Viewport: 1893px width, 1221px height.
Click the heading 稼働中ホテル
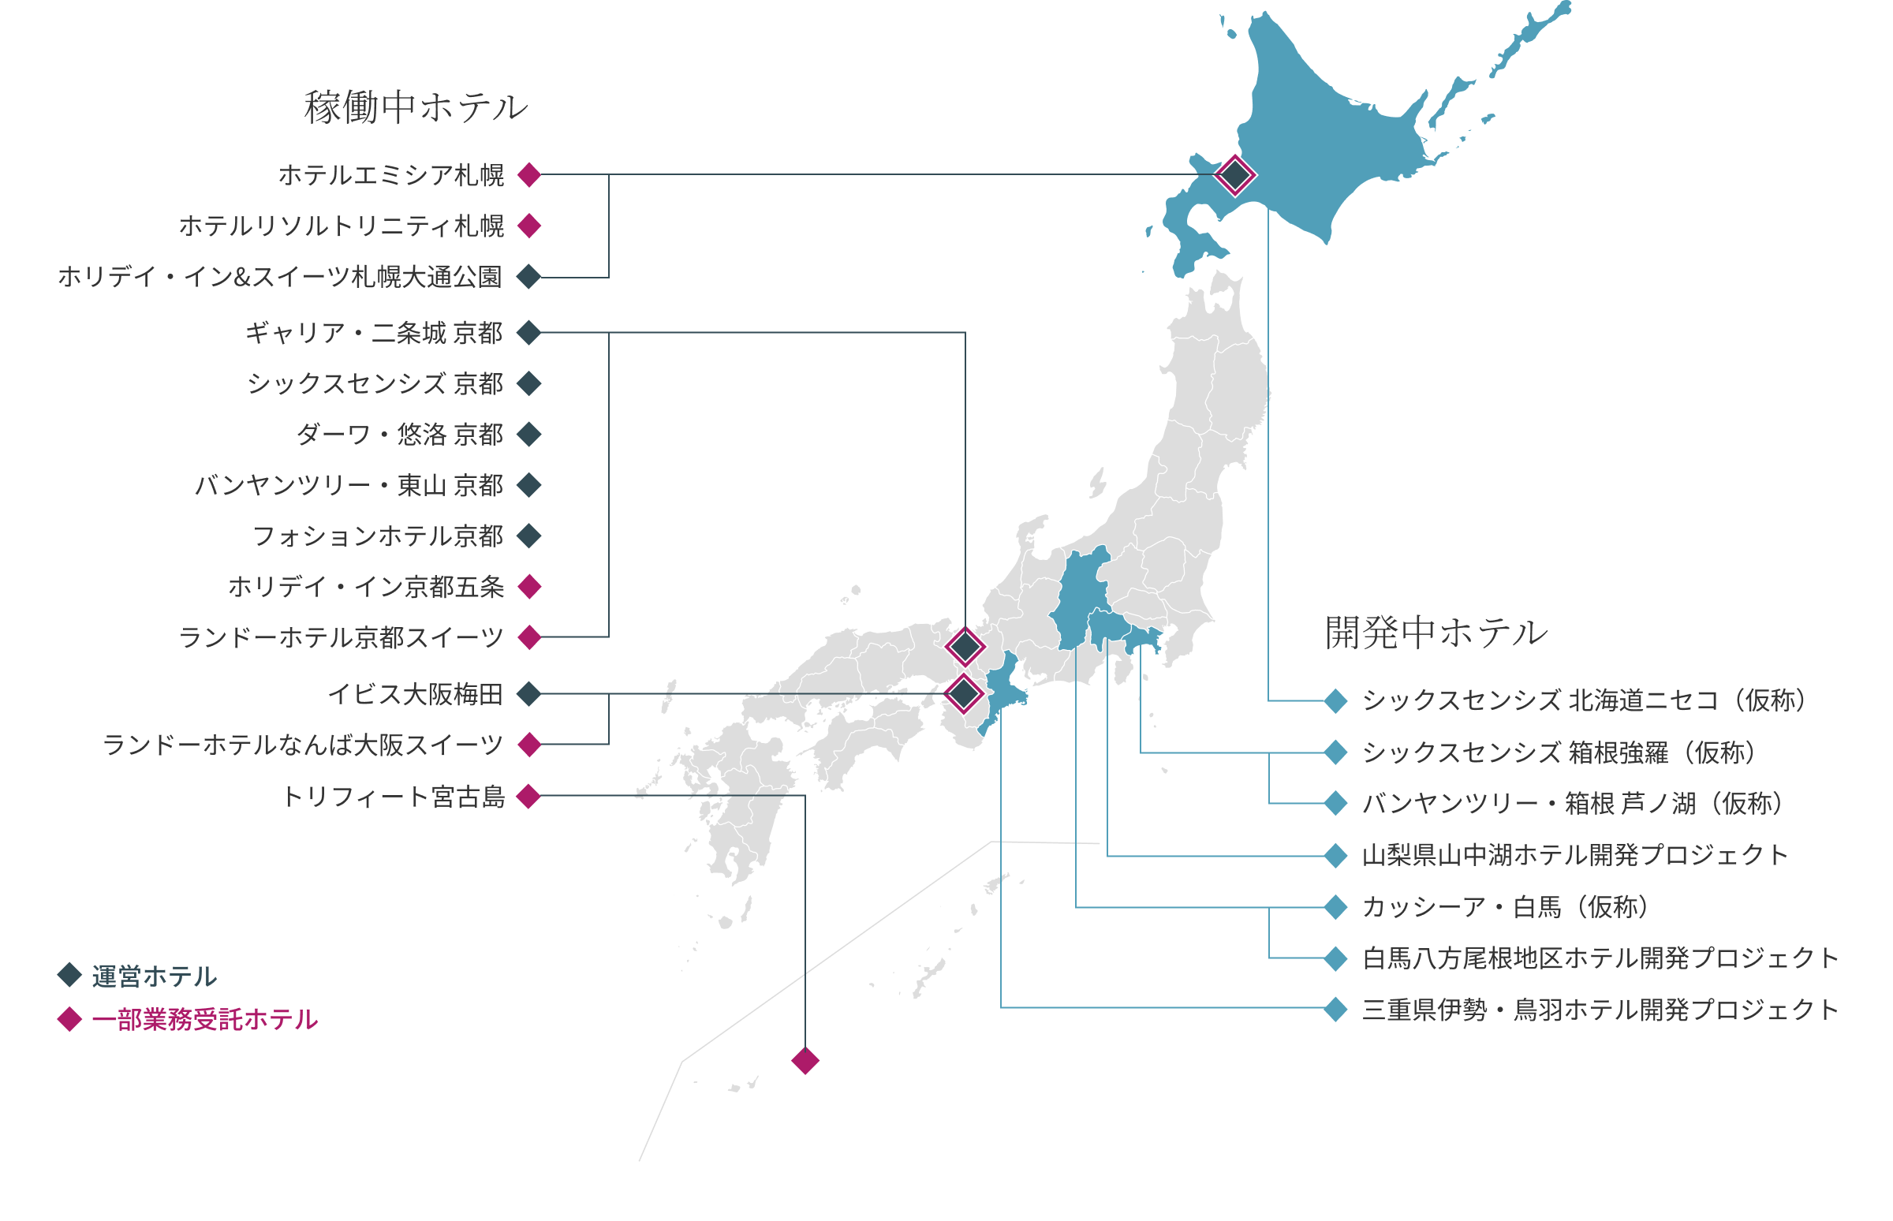tap(416, 107)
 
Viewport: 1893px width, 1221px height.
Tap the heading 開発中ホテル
tap(1436, 633)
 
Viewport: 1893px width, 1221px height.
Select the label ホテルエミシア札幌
tap(391, 174)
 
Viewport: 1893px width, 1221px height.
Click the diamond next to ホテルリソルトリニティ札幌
tap(528, 226)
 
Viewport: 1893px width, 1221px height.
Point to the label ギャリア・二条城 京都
tap(374, 333)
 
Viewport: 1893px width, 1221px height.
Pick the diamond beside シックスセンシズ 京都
tap(528, 384)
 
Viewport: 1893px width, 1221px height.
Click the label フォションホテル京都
tap(378, 536)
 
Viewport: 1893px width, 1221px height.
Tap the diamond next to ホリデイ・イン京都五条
tap(528, 587)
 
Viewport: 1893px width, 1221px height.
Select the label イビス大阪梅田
tap(416, 695)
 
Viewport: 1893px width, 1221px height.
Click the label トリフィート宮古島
tap(394, 796)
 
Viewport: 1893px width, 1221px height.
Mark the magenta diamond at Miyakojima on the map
tap(805, 1060)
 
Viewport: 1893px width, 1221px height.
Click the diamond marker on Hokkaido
tap(1234, 175)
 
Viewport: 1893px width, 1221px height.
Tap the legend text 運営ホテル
tap(155, 976)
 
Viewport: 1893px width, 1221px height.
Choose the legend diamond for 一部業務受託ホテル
tap(69, 1019)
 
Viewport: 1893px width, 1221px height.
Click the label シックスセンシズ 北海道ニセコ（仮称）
tap(1583, 701)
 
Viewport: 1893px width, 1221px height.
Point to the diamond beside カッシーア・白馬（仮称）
tap(1335, 907)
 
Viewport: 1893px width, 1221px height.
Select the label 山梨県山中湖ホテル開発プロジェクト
tap(1574, 856)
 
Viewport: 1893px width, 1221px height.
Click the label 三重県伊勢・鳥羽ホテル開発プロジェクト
tap(1600, 1010)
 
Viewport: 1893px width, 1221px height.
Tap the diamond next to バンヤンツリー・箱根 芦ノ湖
tap(1335, 803)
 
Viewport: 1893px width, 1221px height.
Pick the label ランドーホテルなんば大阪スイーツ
tap(303, 745)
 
